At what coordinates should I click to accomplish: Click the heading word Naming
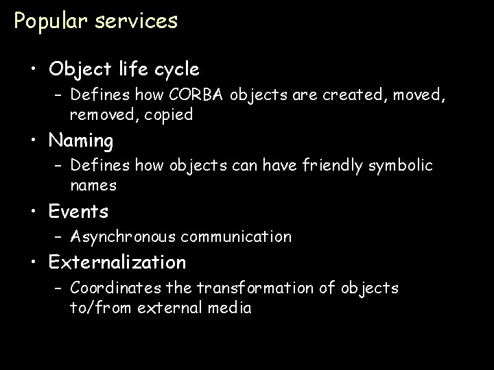point(81,141)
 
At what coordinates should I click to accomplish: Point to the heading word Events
point(78,212)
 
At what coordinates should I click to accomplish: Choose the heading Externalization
point(117,262)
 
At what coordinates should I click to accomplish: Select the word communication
point(237,237)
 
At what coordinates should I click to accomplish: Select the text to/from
point(98,308)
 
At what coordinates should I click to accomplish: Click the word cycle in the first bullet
point(177,69)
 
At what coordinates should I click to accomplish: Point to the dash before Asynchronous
point(58,237)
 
